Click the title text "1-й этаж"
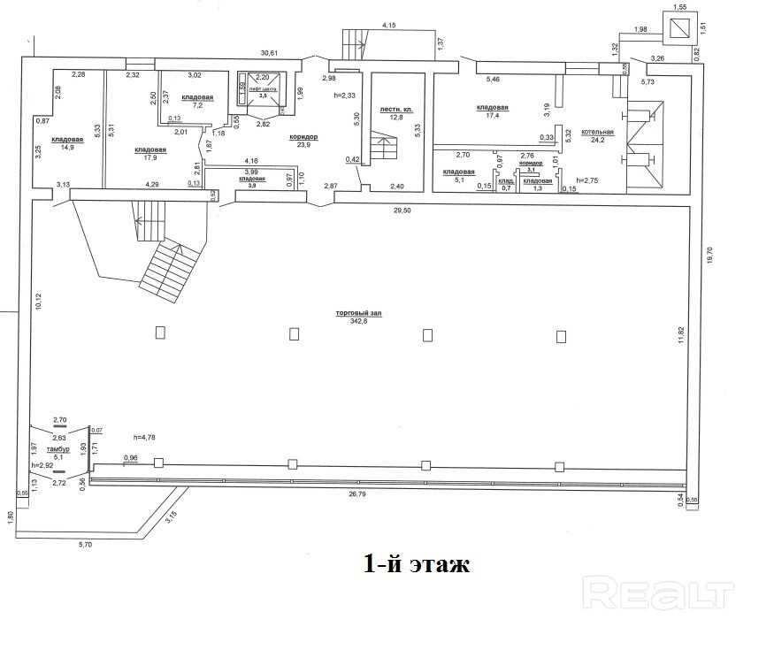coord(416,563)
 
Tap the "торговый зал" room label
coord(358,314)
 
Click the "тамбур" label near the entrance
coord(59,449)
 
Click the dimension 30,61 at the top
coord(268,53)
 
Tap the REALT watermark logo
coord(661,590)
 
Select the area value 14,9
coord(66,149)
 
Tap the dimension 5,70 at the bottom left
coord(86,545)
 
